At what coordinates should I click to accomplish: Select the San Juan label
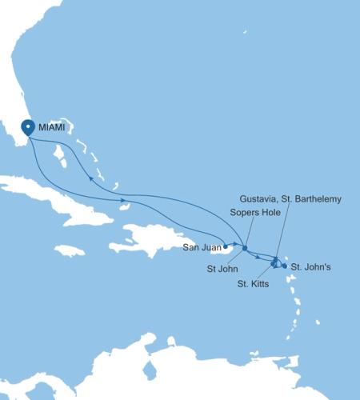(x=199, y=246)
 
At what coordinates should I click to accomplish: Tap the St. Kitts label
(x=254, y=283)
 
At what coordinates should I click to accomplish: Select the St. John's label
(x=308, y=266)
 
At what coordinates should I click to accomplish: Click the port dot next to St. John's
(x=284, y=266)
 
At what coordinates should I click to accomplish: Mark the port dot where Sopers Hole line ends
(x=244, y=248)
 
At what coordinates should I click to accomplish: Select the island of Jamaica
(x=70, y=250)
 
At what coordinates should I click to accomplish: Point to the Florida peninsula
(x=20, y=80)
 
